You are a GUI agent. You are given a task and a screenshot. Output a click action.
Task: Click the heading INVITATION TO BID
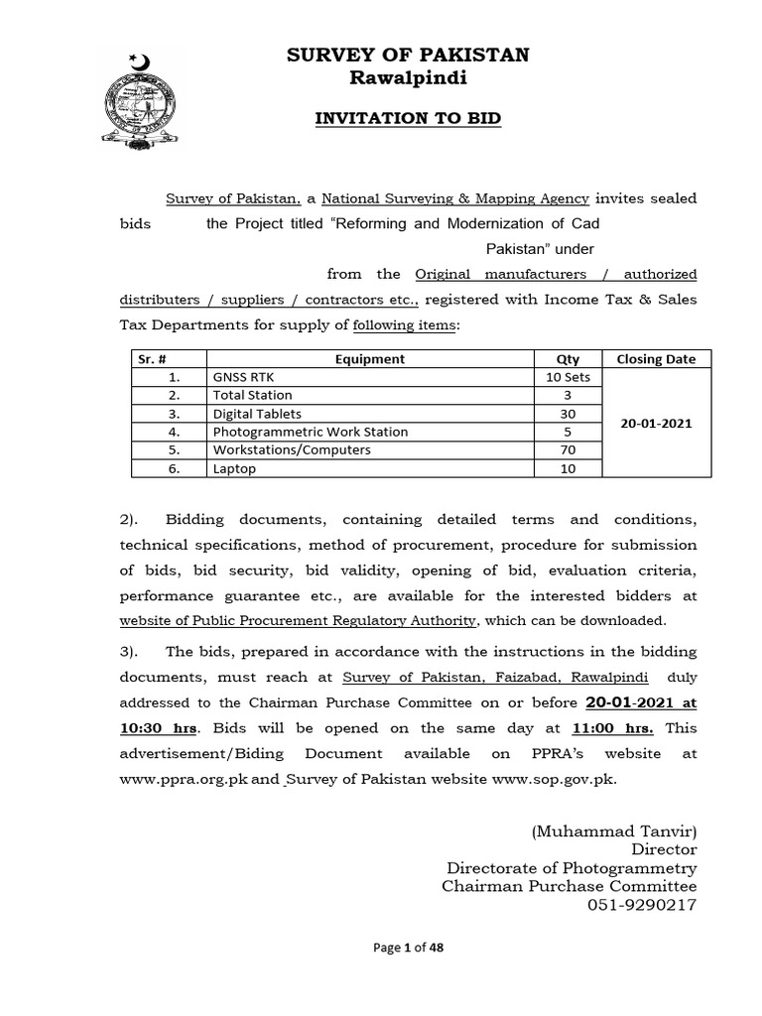[x=408, y=118]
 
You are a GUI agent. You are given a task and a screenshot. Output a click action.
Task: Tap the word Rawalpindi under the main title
[x=408, y=78]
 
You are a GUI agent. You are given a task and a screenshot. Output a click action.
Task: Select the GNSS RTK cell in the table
[x=240, y=377]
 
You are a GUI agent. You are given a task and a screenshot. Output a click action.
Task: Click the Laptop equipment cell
[x=234, y=468]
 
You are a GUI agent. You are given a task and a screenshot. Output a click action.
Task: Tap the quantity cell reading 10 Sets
[x=568, y=377]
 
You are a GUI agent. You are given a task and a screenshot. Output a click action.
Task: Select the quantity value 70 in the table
[x=568, y=449]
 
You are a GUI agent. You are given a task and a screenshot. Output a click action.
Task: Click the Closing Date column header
[x=656, y=359]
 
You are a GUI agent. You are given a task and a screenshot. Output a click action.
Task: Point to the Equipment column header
[x=369, y=359]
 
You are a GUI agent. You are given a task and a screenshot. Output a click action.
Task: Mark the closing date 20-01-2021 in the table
[x=656, y=423]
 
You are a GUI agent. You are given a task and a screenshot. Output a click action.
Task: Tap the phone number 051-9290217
[x=643, y=904]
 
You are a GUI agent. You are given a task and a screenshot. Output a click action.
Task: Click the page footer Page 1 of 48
[x=408, y=948]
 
